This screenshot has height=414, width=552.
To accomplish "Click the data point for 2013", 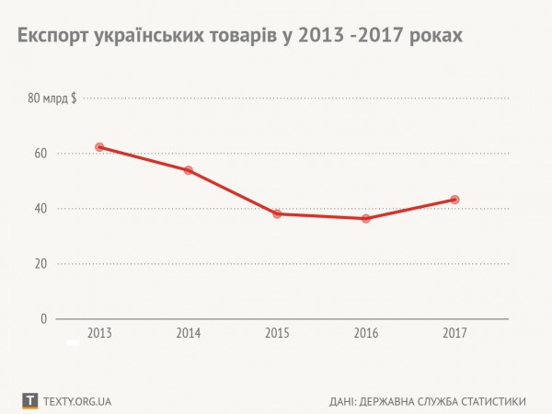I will [99, 147].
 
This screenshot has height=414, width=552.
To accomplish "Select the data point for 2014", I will [189, 170].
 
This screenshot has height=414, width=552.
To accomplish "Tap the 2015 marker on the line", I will [277, 213].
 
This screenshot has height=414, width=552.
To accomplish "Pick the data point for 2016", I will [366, 218].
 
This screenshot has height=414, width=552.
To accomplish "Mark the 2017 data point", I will [454, 200].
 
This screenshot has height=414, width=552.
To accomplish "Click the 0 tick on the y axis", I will [43, 319].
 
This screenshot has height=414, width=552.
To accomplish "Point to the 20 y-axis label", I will [40, 264].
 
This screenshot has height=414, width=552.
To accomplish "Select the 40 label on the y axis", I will [40, 209].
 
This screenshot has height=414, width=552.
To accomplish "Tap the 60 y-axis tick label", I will [40, 154].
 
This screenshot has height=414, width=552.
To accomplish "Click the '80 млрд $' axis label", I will [52, 98].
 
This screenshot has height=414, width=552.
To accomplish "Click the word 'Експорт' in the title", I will [51, 36].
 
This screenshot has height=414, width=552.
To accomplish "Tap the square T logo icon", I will [30, 401].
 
